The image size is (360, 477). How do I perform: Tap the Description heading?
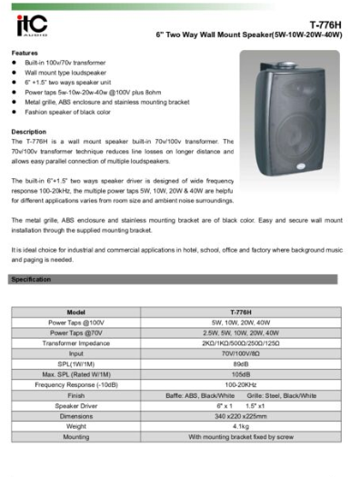coord(28,132)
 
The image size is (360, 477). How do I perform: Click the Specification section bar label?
coord(31,279)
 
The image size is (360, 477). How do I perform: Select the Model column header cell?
coord(76,312)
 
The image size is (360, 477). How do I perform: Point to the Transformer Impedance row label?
coord(76,343)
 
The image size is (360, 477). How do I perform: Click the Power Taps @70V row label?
coord(76,333)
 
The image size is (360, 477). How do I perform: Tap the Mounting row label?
coord(76,435)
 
